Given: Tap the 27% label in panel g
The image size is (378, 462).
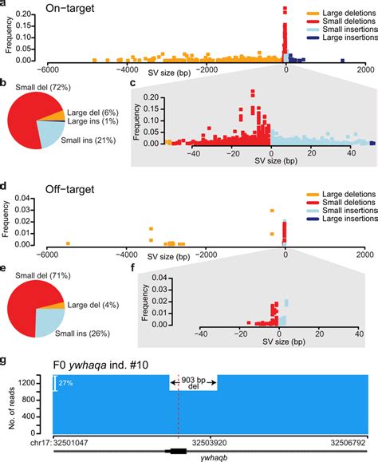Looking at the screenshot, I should [67, 384].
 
